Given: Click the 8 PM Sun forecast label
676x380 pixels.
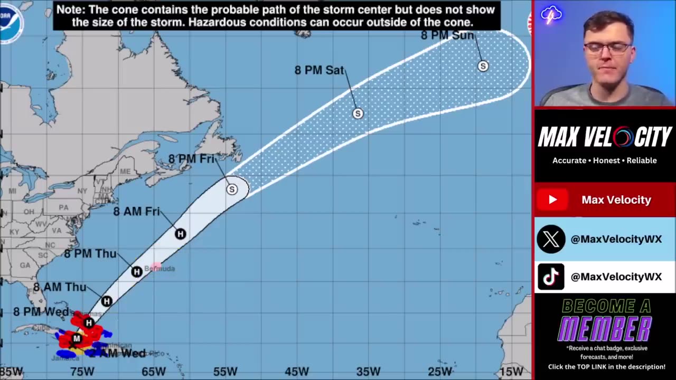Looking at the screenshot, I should tap(447, 35).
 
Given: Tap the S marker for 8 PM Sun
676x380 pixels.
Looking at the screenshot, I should tap(483, 66).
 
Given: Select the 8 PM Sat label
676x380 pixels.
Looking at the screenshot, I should tap(319, 70).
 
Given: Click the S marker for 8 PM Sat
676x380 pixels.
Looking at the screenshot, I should tap(358, 113).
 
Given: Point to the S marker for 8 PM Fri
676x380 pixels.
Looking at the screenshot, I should tap(231, 189).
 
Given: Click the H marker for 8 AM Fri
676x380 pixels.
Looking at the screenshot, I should tap(180, 234).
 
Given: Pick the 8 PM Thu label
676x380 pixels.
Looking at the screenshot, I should tap(90, 254).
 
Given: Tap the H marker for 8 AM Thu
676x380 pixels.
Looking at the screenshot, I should tap(107, 301).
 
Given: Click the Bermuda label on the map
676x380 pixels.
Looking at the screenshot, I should tap(159, 269).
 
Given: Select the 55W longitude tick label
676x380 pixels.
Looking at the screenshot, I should tap(226, 372).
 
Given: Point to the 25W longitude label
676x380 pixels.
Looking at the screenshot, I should tap(440, 372).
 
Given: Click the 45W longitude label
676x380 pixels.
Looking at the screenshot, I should tap(297, 372).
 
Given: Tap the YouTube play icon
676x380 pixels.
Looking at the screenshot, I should tap(552, 199).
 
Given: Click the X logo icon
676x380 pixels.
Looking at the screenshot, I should tap(551, 239).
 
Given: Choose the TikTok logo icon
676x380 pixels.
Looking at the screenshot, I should tap(551, 277).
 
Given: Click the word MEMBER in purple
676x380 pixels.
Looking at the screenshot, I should tap(605, 329).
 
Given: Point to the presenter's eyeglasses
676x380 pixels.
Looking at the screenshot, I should tap(607, 49).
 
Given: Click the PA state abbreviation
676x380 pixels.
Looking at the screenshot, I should tap(63, 207).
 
